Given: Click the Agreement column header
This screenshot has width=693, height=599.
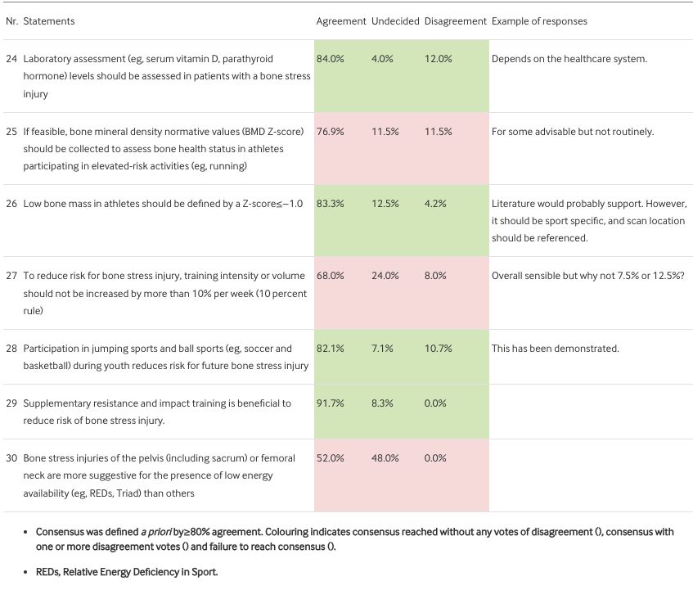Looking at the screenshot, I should coord(340,21).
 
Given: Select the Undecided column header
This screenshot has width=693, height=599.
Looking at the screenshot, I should coord(395,21).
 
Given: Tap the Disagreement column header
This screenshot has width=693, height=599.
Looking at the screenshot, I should coord(455,21).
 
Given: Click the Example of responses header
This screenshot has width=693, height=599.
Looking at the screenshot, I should coord(538,21).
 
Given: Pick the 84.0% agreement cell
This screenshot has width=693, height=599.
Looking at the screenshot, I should coord(330,59).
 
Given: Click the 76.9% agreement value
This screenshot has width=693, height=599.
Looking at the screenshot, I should coord(330,132).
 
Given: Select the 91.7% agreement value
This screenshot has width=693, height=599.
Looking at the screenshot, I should coord(330,403).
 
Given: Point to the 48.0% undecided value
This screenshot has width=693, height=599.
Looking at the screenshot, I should coord(384,458).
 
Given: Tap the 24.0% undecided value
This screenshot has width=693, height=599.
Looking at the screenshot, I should coord(384,276).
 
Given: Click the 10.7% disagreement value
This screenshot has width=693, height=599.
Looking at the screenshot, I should coord(439,349).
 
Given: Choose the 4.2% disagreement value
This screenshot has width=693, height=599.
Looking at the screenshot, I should coord(435,204).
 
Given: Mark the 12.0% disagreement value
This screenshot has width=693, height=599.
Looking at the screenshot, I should coord(439,59).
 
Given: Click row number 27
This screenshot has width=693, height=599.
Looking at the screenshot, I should coord(11,276).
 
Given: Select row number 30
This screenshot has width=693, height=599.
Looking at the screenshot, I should coord(11,458).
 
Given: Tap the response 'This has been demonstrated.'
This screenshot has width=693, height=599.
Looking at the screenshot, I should coord(555,349).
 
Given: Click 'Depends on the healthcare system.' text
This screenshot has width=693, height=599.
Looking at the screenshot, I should coord(569,59).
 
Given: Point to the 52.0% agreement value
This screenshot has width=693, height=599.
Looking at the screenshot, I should coord(330,458).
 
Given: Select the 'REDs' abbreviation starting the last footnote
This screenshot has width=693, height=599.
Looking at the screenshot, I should coord(47,572).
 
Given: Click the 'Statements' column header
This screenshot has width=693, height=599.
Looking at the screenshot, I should coord(48,21).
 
